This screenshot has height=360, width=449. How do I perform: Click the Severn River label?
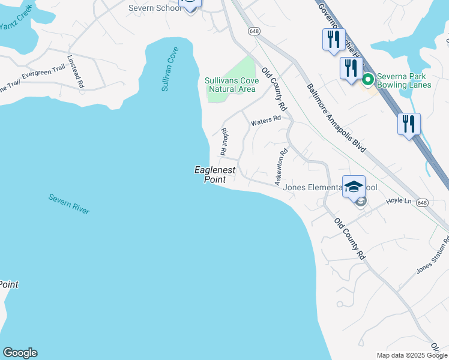pyautogui.click(x=69, y=204)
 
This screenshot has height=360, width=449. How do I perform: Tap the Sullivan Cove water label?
pyautogui.click(x=170, y=69)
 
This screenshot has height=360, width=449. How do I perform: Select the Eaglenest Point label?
pyautogui.click(x=215, y=175)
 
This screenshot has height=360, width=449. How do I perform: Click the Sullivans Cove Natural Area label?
pyautogui.click(x=232, y=85)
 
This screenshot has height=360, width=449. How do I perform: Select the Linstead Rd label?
pyautogui.click(x=76, y=73)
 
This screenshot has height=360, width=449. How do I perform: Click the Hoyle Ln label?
pyautogui.click(x=399, y=200)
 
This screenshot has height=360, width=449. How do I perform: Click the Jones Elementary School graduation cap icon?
pyautogui.click(x=354, y=185)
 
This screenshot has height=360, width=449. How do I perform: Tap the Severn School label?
pyautogui.click(x=155, y=8)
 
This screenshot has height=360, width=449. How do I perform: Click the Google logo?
pyautogui.click(x=20, y=353)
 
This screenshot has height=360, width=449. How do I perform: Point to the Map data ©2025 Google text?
pyautogui.click(x=411, y=355)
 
